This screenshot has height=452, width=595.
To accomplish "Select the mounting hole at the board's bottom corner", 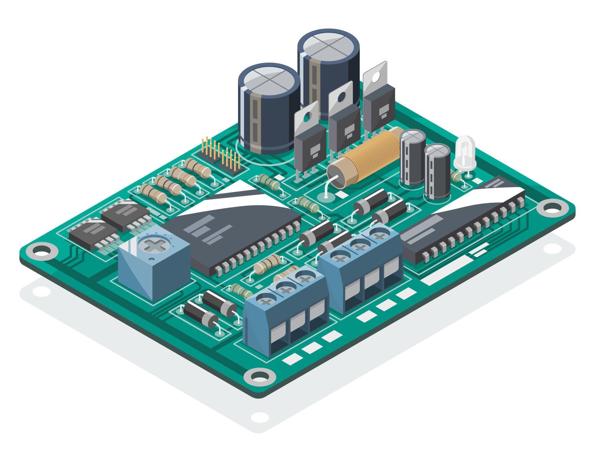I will tap(260, 376).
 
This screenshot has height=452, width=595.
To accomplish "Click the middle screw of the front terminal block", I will tap(284, 290).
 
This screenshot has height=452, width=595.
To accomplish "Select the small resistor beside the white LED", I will tap(456, 177).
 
